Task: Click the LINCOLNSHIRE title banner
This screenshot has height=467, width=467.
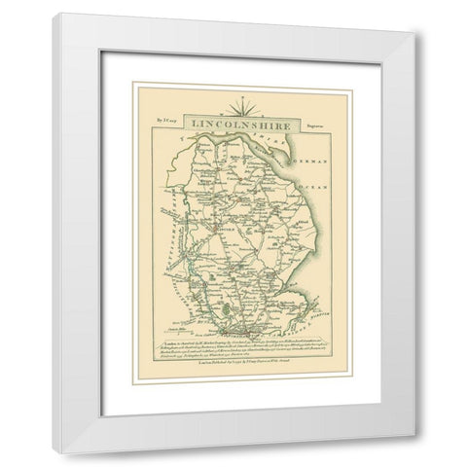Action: pos(233,125)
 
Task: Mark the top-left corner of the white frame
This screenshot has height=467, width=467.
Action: pos(55,15)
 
